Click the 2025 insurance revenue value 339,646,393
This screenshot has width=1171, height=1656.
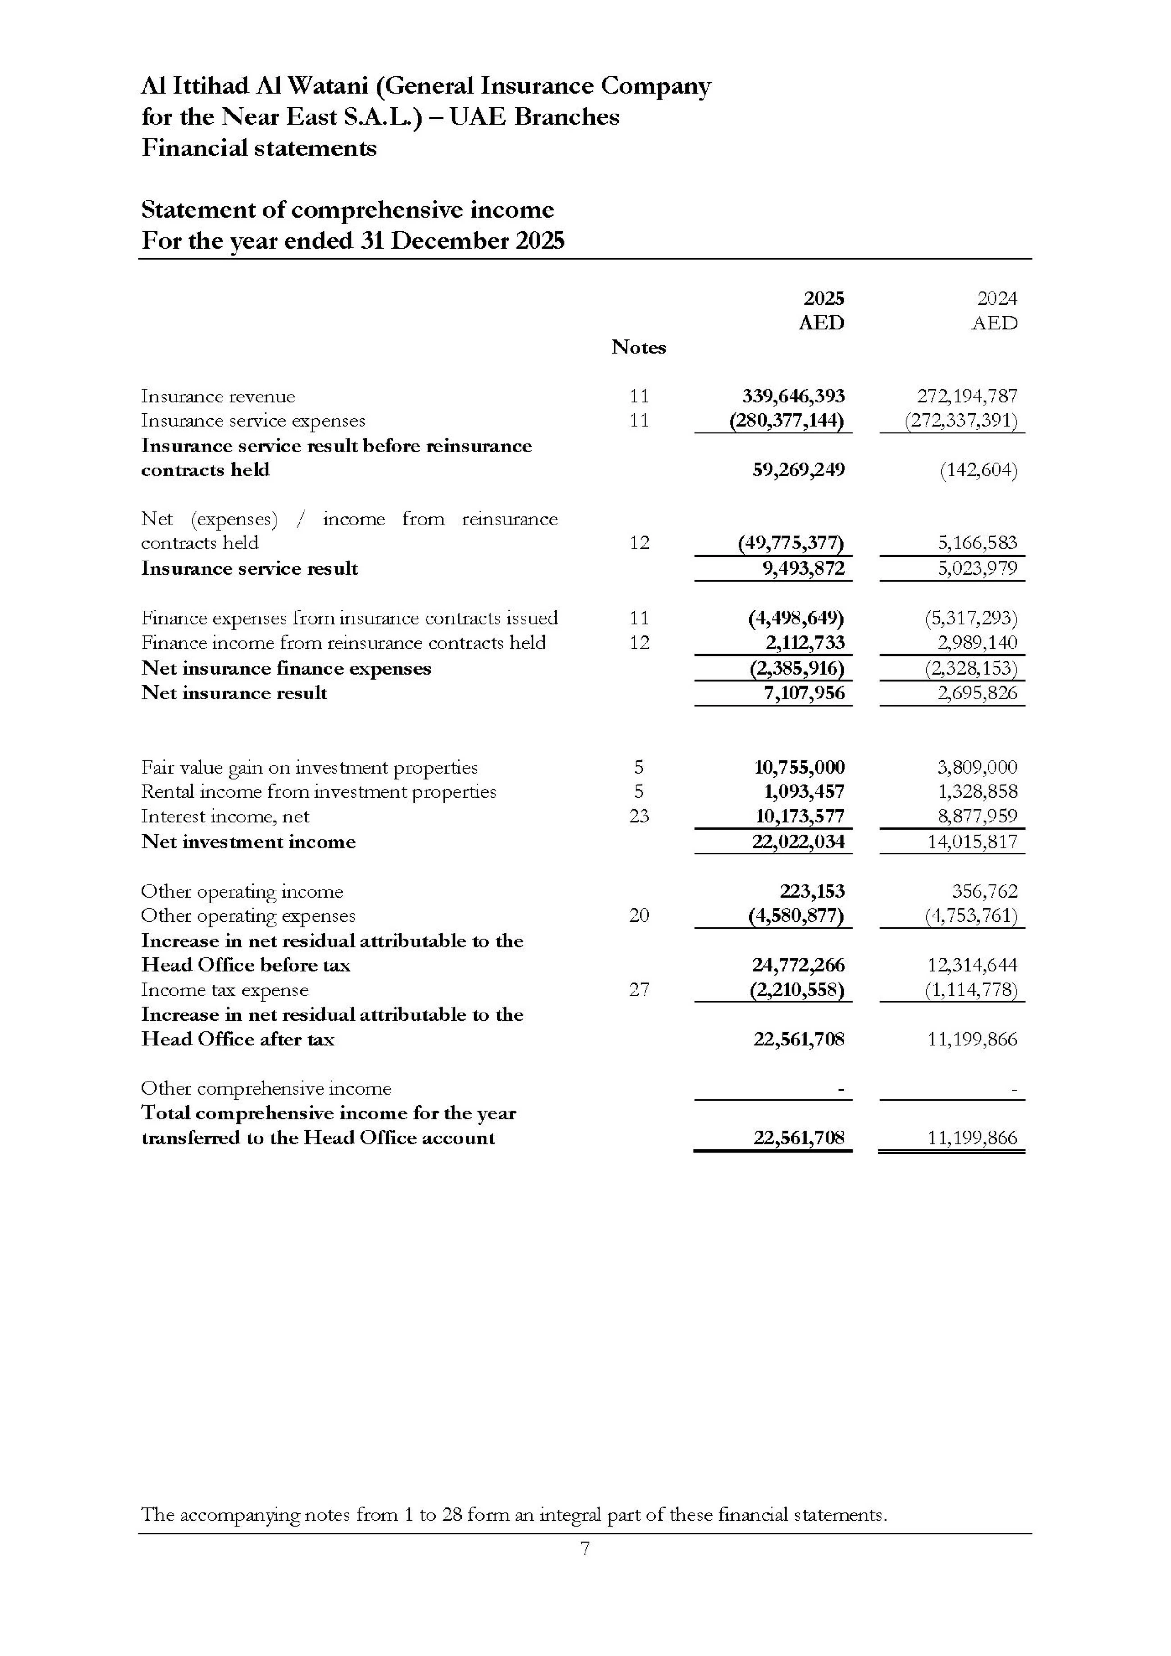pyautogui.click(x=793, y=396)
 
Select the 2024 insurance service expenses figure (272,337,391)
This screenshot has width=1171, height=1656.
pyautogui.click(x=961, y=420)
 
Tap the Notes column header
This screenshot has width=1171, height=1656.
pyautogui.click(x=638, y=347)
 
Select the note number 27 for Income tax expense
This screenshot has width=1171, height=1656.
pyautogui.click(x=638, y=990)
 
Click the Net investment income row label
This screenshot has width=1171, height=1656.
pyautogui.click(x=248, y=842)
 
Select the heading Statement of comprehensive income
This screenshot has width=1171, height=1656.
pyautogui.click(x=348, y=210)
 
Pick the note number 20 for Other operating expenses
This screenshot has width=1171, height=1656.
pyautogui.click(x=638, y=915)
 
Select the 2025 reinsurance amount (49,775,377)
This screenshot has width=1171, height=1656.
pyautogui.click(x=790, y=543)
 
